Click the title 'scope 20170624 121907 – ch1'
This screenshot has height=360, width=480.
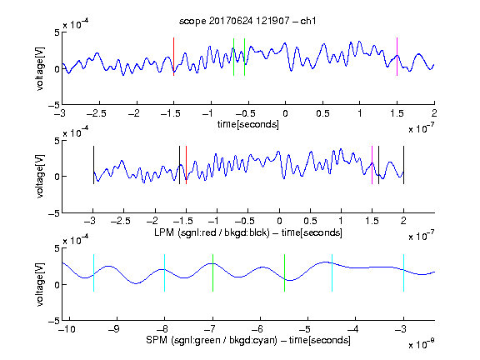click(x=247, y=21)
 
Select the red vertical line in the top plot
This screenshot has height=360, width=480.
click(x=173, y=57)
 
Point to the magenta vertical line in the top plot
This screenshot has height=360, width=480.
click(x=397, y=57)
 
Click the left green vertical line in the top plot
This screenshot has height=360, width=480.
click(x=233, y=57)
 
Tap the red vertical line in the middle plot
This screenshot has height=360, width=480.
click(x=186, y=165)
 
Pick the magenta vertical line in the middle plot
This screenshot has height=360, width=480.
click(x=372, y=165)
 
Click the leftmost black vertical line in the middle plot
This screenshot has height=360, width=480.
click(x=93, y=165)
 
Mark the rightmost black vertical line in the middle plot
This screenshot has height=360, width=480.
click(x=403, y=165)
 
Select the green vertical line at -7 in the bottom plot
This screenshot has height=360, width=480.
click(x=212, y=272)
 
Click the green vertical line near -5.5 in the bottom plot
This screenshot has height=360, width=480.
click(x=284, y=272)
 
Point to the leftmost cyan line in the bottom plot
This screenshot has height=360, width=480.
click(x=93, y=272)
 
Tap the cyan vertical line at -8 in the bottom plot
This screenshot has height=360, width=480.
click(x=165, y=272)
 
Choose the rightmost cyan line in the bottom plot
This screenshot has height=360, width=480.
click(x=403, y=272)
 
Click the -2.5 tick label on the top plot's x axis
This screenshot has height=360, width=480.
click(x=96, y=113)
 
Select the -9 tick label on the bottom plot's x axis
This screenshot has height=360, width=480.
click(x=114, y=329)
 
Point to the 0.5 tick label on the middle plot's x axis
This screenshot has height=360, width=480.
click(x=310, y=222)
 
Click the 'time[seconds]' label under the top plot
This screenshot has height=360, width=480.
click(x=248, y=124)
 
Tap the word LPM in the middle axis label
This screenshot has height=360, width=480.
click(x=164, y=232)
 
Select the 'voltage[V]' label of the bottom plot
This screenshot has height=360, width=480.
click(x=40, y=284)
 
